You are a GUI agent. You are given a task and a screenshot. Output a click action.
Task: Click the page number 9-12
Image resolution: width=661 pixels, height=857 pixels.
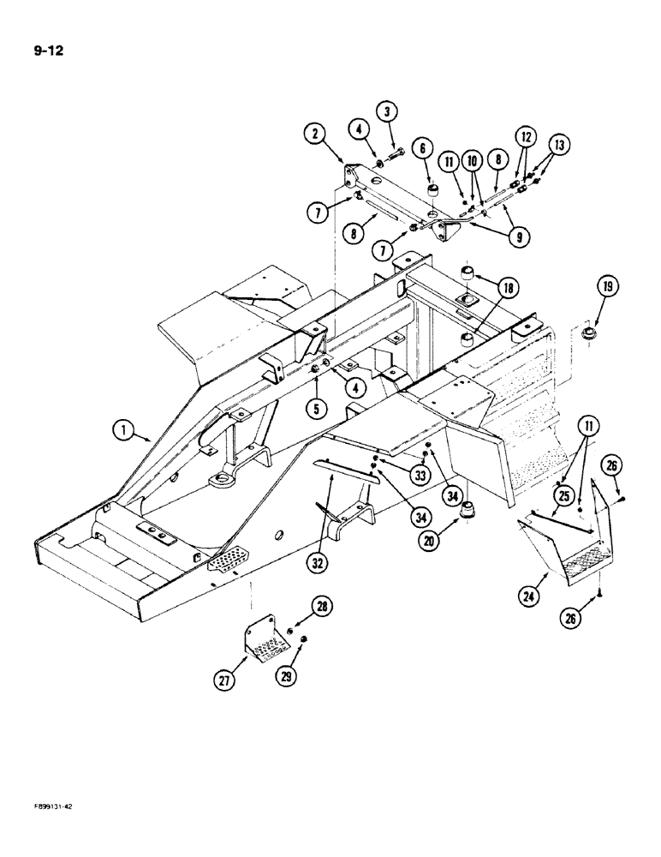[50, 50]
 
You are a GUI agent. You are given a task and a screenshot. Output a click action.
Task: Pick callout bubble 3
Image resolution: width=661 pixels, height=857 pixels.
[387, 111]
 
